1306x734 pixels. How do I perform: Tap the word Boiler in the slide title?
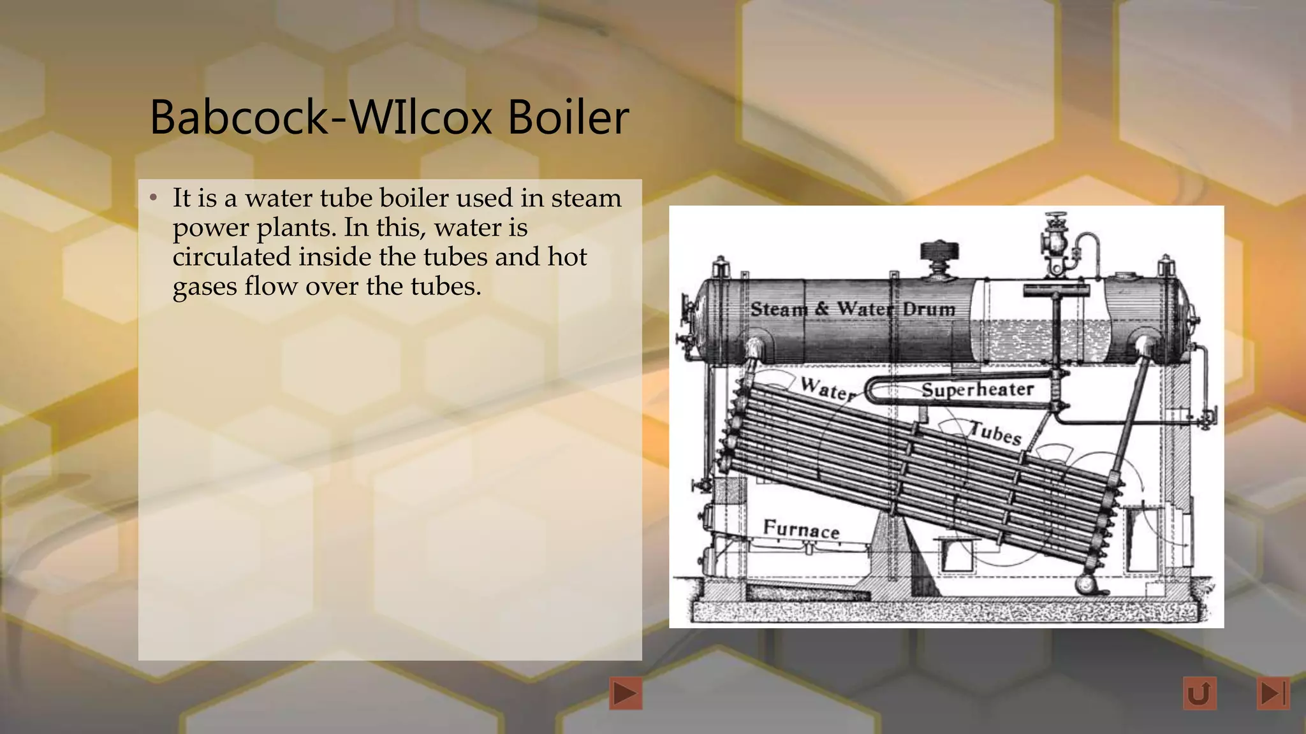(568, 118)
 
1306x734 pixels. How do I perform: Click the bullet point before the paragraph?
(153, 199)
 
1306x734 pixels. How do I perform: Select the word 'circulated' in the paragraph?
(231, 257)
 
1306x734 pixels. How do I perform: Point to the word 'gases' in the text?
(205, 287)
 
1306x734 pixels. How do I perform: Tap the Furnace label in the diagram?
(801, 529)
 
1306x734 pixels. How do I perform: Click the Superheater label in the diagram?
(977, 389)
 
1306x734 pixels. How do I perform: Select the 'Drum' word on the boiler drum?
(929, 310)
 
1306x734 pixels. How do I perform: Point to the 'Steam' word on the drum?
(779, 310)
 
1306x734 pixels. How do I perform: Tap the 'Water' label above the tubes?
(828, 388)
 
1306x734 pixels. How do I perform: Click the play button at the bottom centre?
(625, 693)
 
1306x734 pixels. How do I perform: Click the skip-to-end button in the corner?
(1273, 693)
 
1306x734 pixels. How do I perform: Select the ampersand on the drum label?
(821, 310)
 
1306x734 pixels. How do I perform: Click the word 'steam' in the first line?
(586, 198)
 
